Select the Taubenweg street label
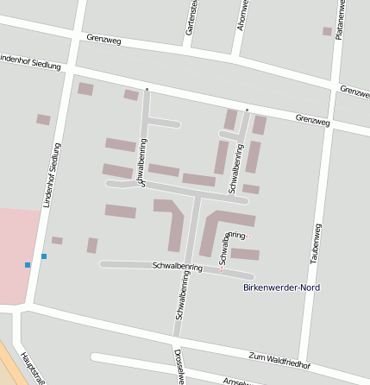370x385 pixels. [x=317, y=242]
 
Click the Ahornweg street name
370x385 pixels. [x=242, y=15]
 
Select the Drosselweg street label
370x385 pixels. [x=179, y=368]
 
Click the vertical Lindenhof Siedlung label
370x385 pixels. [x=52, y=176]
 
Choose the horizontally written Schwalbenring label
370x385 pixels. [x=177, y=267]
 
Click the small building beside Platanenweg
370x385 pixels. [x=327, y=31]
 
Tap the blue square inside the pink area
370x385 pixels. [x=28, y=264]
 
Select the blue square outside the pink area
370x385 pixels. [x=43, y=256]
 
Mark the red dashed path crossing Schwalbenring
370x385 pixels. [x=221, y=268]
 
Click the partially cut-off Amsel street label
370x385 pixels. [x=235, y=381]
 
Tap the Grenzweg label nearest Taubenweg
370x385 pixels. [x=312, y=118]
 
